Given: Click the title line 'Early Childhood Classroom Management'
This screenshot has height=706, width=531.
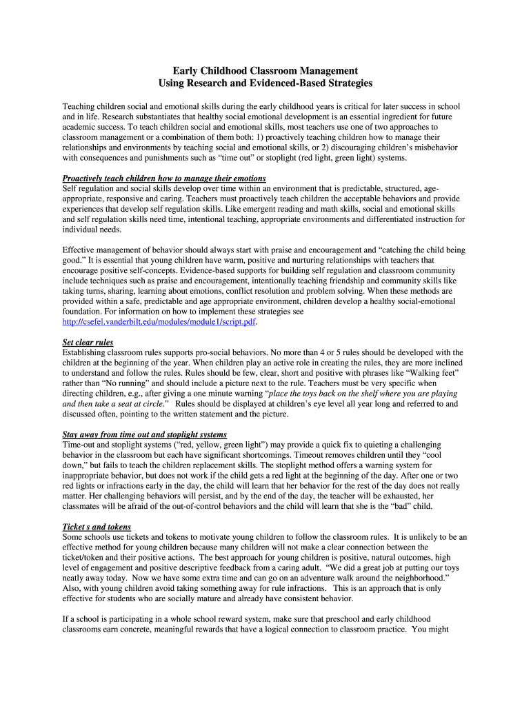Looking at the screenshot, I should click(x=265, y=70).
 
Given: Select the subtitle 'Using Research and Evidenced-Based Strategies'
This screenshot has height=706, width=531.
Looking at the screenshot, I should click(x=265, y=83).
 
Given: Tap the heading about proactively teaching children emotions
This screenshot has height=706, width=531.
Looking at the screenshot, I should click(x=164, y=179).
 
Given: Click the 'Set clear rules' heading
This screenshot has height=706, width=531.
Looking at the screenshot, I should click(x=88, y=343).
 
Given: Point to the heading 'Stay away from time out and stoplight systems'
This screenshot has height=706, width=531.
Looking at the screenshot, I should click(x=144, y=435).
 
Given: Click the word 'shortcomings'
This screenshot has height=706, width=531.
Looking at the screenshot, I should click(x=265, y=455).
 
